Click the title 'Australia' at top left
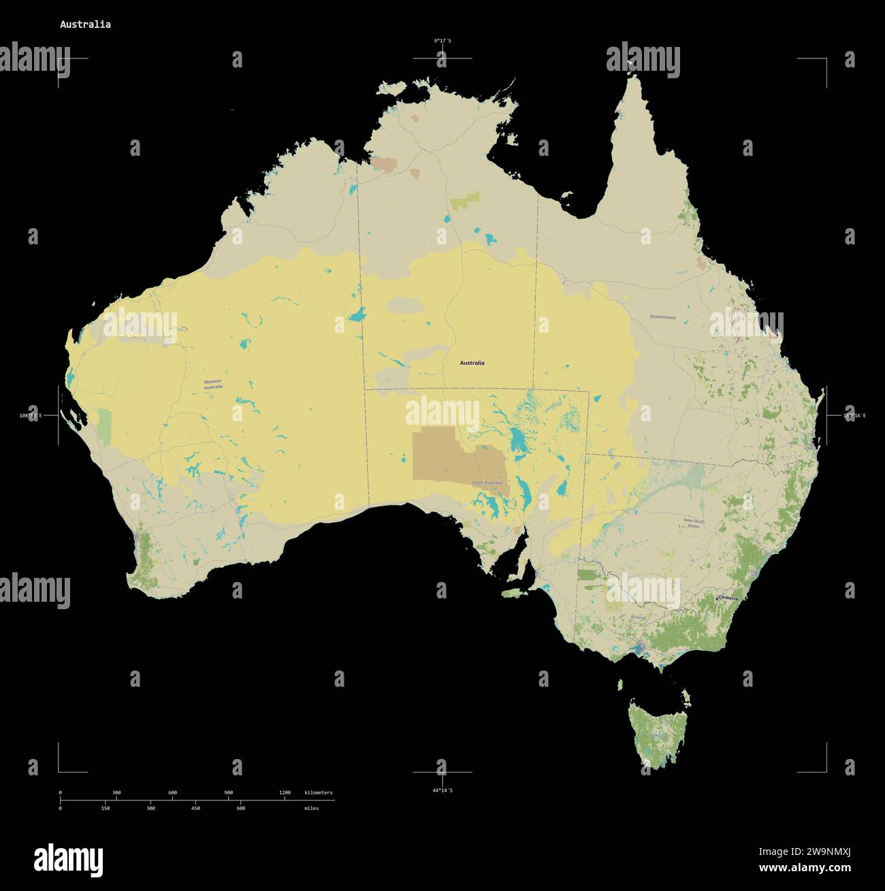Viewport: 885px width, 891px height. pyautogui.click(x=85, y=25)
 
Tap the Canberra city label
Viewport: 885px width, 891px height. pyautogui.click(x=726, y=598)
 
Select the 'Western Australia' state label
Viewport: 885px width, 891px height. pyautogui.click(x=213, y=385)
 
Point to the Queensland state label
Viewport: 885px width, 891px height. pyautogui.click(x=662, y=317)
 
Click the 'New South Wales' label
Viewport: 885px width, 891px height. pyautogui.click(x=694, y=523)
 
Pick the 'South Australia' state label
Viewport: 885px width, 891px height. pyautogui.click(x=487, y=483)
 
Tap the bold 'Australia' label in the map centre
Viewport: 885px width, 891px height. pyautogui.click(x=472, y=363)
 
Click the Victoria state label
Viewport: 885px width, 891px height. pyautogui.click(x=638, y=617)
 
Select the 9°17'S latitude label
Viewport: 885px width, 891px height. pyautogui.click(x=442, y=41)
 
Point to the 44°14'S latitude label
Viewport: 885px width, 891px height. pyautogui.click(x=442, y=790)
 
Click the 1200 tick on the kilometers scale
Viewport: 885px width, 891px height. pyautogui.click(x=285, y=793)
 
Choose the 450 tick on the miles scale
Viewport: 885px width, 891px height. pyautogui.click(x=195, y=808)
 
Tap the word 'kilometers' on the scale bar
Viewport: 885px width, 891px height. pyautogui.click(x=319, y=793)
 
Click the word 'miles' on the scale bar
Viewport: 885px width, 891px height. pyautogui.click(x=311, y=808)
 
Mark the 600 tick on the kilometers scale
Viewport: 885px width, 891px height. pyautogui.click(x=172, y=793)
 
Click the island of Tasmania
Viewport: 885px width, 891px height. pyautogui.click(x=658, y=732)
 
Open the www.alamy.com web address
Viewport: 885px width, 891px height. pyautogui.click(x=805, y=868)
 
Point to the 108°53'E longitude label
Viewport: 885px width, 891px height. pyautogui.click(x=31, y=415)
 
